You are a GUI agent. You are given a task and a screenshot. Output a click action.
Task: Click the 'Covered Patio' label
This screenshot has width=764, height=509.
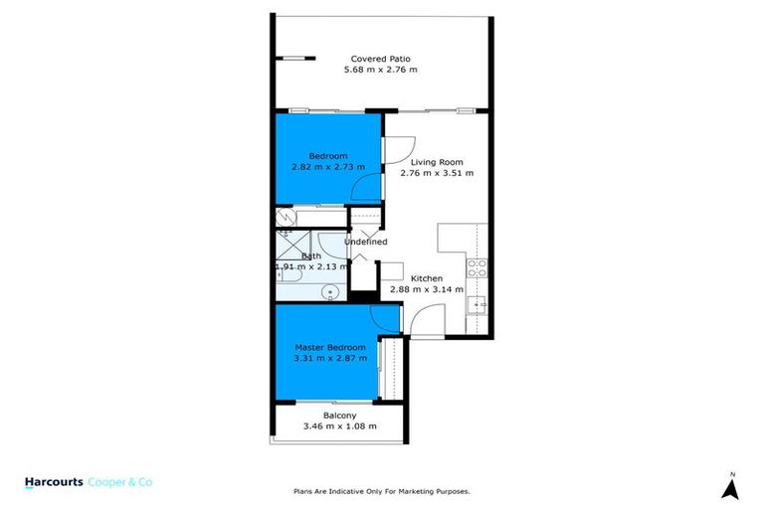[380, 59]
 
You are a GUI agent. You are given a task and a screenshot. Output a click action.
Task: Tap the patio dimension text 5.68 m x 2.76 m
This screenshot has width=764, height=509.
[380, 70]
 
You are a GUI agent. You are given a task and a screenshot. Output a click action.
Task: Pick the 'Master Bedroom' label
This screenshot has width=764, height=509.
[330, 346]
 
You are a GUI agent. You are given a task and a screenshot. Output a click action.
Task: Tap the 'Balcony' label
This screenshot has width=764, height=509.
[339, 416]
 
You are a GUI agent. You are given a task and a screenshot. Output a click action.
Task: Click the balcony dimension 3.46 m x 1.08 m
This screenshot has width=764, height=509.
[339, 426]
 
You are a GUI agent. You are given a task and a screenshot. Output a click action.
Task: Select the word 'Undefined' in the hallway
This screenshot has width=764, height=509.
[365, 242]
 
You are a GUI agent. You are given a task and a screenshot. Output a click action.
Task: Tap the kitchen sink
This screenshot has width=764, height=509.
[477, 304]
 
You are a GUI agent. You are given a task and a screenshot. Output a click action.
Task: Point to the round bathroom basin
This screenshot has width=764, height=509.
[333, 291]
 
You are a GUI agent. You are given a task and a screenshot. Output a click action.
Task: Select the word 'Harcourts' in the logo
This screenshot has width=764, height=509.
[52, 482]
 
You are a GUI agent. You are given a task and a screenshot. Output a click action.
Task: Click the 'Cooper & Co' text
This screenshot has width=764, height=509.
[120, 482]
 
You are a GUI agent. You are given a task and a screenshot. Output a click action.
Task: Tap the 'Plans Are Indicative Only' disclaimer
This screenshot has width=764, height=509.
[381, 491]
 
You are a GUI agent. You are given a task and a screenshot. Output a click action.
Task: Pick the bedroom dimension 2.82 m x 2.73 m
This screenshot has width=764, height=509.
[327, 167]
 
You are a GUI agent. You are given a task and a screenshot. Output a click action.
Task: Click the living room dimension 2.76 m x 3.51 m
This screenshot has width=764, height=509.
[437, 172]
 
